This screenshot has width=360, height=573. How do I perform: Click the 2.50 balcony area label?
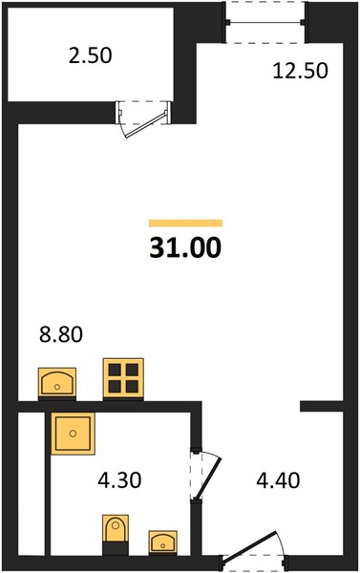point(91,56)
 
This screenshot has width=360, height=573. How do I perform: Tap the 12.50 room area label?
point(301,71)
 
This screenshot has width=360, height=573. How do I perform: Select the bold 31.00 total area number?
point(185,247)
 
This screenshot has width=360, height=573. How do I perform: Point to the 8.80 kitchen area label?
point(61,334)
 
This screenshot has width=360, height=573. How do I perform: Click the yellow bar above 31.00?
point(185,223)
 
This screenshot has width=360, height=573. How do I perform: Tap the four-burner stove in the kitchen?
point(123,378)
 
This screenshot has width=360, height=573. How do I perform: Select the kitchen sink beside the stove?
point(57,383)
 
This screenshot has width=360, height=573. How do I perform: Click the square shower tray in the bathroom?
point(74,434)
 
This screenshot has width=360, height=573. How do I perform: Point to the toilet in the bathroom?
point(116,534)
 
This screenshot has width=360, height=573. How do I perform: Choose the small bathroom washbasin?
point(163,542)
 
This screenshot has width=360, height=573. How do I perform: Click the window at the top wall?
point(265,23)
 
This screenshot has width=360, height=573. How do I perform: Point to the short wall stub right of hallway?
point(322,407)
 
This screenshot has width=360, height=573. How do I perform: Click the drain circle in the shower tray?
point(74,434)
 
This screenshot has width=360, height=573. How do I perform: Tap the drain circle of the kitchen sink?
point(57,387)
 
